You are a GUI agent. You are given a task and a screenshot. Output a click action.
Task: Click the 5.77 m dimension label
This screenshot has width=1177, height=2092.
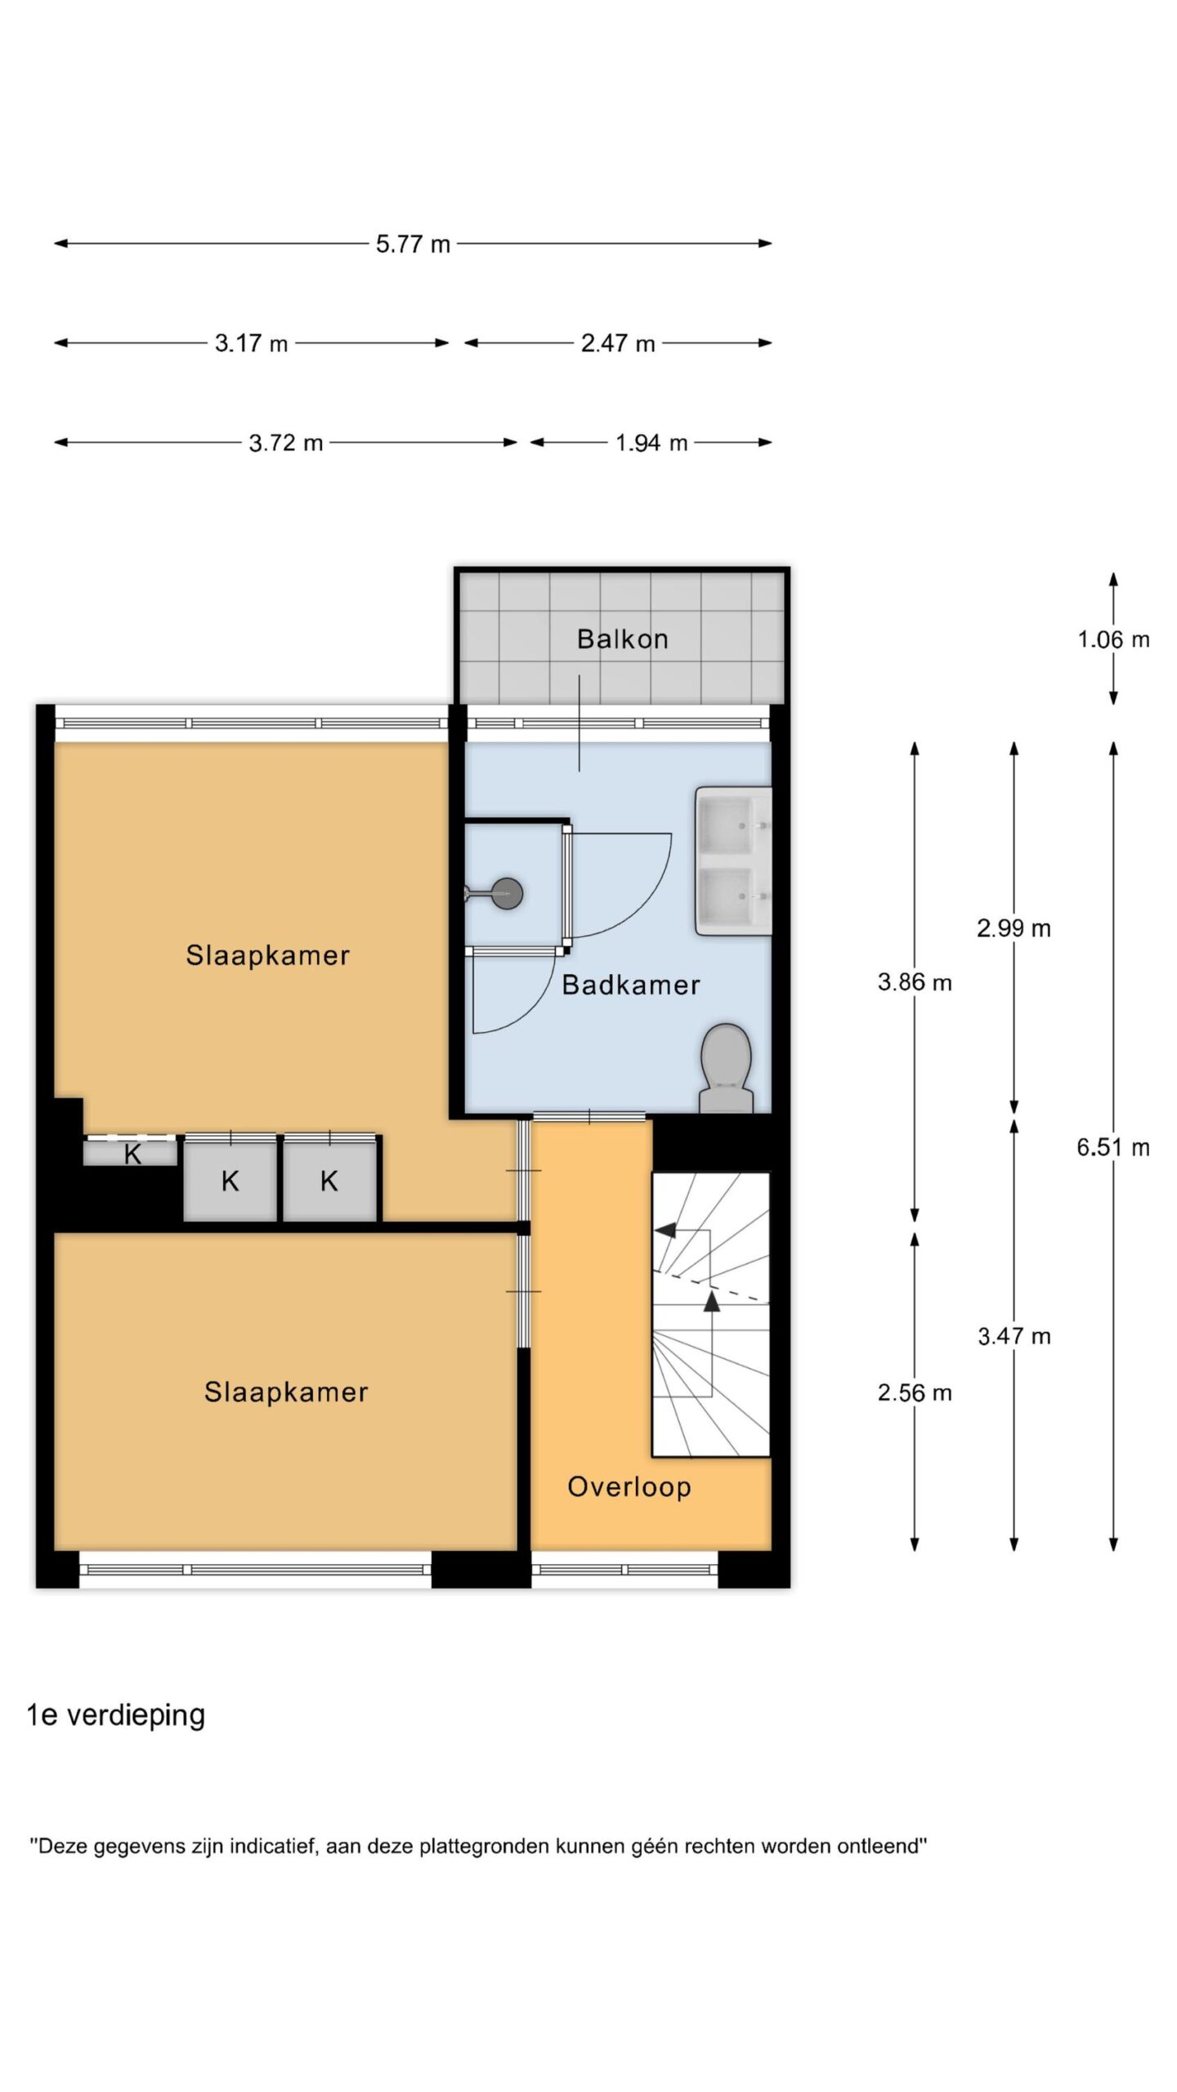413,244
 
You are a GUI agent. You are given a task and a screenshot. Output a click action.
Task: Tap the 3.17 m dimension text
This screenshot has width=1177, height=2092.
251,343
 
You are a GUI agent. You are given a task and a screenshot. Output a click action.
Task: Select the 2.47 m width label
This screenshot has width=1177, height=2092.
618,343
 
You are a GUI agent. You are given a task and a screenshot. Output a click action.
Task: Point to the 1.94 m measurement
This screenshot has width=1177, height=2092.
651,443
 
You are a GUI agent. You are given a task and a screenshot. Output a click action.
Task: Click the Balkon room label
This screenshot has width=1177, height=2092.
623,639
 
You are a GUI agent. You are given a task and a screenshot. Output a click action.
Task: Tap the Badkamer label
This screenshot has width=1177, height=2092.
631,985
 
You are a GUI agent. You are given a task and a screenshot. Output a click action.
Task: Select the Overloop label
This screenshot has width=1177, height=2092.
629,1486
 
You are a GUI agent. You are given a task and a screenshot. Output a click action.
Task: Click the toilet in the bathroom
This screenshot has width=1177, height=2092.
726,1068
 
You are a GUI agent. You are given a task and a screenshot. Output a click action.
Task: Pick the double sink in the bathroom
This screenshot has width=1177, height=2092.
733,860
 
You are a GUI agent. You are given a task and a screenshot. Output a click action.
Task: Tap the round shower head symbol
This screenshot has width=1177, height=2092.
507,894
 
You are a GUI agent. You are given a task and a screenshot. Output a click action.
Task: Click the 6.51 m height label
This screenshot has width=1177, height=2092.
1113,1147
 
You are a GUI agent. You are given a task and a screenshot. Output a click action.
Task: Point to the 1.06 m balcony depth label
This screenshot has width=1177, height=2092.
1113,639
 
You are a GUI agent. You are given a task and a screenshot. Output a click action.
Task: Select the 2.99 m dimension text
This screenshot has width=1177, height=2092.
1014,928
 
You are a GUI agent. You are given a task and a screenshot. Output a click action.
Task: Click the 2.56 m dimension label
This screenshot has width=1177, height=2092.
915,1392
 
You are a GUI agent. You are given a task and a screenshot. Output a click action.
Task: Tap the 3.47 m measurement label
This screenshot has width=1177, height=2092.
1014,1336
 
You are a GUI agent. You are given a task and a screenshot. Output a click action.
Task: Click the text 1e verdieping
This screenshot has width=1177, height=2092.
116,1714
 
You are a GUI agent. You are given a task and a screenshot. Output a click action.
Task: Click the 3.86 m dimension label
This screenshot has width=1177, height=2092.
915,982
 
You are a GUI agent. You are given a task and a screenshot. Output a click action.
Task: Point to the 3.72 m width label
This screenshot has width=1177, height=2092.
286,443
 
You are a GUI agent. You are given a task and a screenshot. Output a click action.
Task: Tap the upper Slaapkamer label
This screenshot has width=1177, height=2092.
268,955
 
